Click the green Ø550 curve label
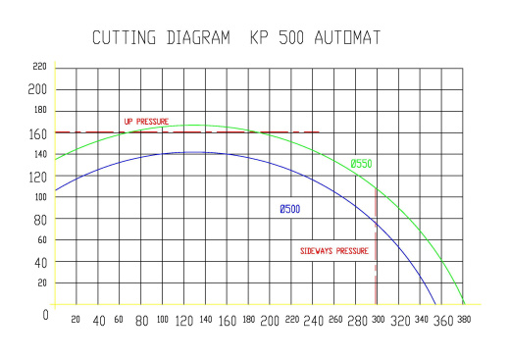(x=361, y=164)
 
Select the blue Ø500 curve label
(x=290, y=209)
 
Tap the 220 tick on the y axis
(x=39, y=67)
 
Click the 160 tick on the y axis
(x=38, y=132)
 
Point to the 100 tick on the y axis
(x=39, y=197)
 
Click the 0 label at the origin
(x=44, y=315)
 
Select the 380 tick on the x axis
(x=464, y=321)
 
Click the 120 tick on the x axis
(x=184, y=321)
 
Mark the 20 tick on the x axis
(x=76, y=320)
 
